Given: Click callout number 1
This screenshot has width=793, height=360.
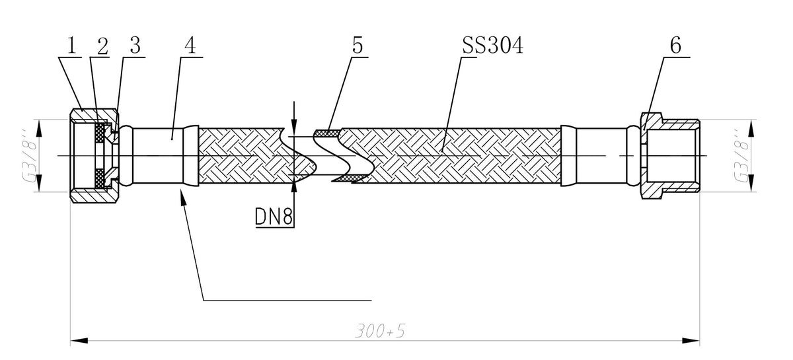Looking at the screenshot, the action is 72,46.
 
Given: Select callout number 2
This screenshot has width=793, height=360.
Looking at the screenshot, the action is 102,46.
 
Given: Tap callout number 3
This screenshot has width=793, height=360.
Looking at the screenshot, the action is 135,46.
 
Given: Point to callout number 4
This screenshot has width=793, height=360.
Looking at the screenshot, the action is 190,46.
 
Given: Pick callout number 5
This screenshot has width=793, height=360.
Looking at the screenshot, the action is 358,46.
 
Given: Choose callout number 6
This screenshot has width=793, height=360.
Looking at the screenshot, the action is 675,46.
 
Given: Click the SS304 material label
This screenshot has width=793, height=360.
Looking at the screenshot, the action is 493,46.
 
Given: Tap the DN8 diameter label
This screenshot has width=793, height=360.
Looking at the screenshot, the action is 274,216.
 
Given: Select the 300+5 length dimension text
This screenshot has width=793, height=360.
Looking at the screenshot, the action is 380,331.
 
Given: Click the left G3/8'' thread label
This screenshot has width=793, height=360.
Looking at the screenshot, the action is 30,156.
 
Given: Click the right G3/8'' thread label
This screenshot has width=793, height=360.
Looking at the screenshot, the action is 742,156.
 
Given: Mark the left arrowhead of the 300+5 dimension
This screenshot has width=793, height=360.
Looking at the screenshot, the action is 79,341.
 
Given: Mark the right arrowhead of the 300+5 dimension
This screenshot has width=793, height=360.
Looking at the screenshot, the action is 691,341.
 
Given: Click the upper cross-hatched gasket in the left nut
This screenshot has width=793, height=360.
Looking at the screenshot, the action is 100,133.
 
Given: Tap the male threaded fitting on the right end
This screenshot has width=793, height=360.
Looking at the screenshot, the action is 670,156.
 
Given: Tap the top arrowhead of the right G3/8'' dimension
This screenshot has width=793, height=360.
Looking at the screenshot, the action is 753,129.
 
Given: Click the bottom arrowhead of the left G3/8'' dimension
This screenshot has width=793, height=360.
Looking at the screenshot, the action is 39,183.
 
